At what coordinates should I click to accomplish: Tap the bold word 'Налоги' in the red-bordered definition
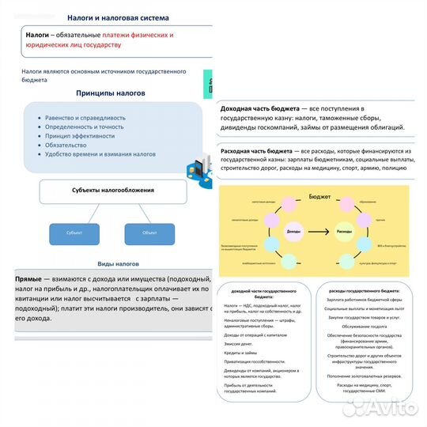[x=38, y=36]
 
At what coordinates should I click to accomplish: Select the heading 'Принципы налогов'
[x=110, y=93]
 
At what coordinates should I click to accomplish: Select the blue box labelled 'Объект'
[x=149, y=233]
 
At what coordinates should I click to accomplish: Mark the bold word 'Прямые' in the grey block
[x=28, y=279]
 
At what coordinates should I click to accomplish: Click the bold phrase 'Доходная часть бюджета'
[x=259, y=108]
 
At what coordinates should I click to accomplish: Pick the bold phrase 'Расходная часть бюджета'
[x=260, y=150]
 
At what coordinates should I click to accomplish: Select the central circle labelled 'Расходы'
[x=344, y=231]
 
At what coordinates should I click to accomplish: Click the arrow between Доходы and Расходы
[x=308, y=231]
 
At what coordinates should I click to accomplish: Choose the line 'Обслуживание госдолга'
[x=363, y=325]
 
